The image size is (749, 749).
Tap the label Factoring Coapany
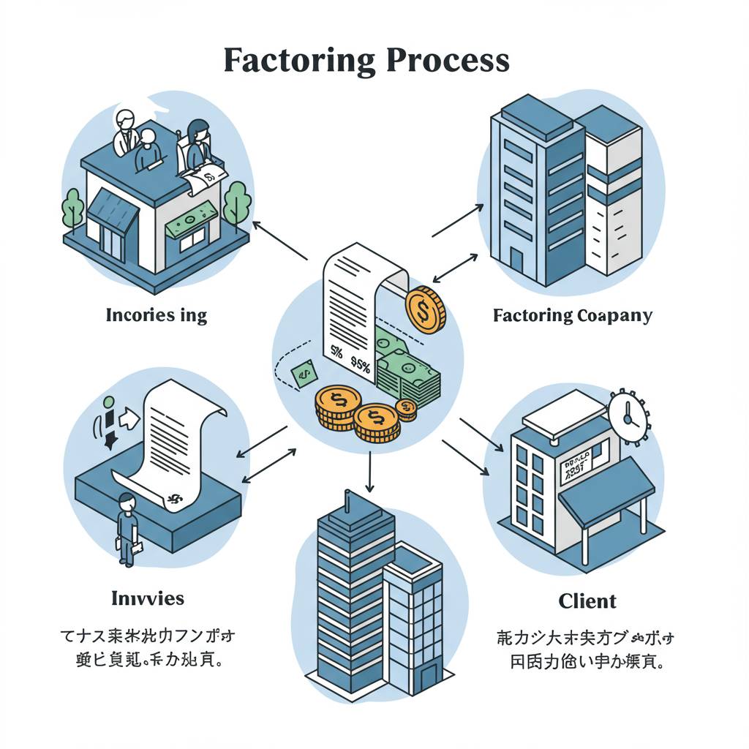pyautogui.click(x=572, y=316)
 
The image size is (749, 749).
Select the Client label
pyautogui.click(x=587, y=601)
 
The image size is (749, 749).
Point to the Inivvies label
pyautogui.click(x=147, y=598)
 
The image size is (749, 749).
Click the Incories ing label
pyautogui.click(x=157, y=316)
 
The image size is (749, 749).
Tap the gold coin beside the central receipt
pyautogui.click(x=424, y=311)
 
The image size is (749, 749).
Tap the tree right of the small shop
pyautogui.click(x=237, y=201)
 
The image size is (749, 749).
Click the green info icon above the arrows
pyautogui.click(x=109, y=402)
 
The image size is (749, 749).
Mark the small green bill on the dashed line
pyautogui.click(x=304, y=374)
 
